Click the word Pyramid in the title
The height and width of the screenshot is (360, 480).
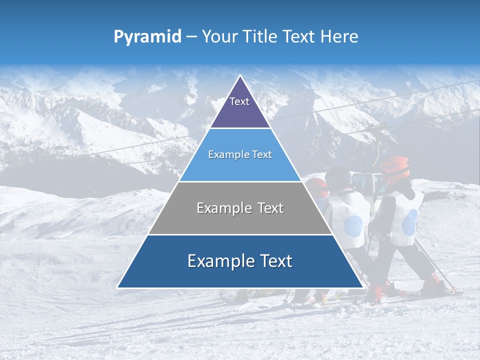click(x=147, y=37)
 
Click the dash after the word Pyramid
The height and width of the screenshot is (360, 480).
click(x=191, y=37)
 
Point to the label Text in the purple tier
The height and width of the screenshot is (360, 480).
click(x=239, y=101)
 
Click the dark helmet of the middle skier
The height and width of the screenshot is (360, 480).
click(x=339, y=177)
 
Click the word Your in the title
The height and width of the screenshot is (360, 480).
click(x=220, y=36)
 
